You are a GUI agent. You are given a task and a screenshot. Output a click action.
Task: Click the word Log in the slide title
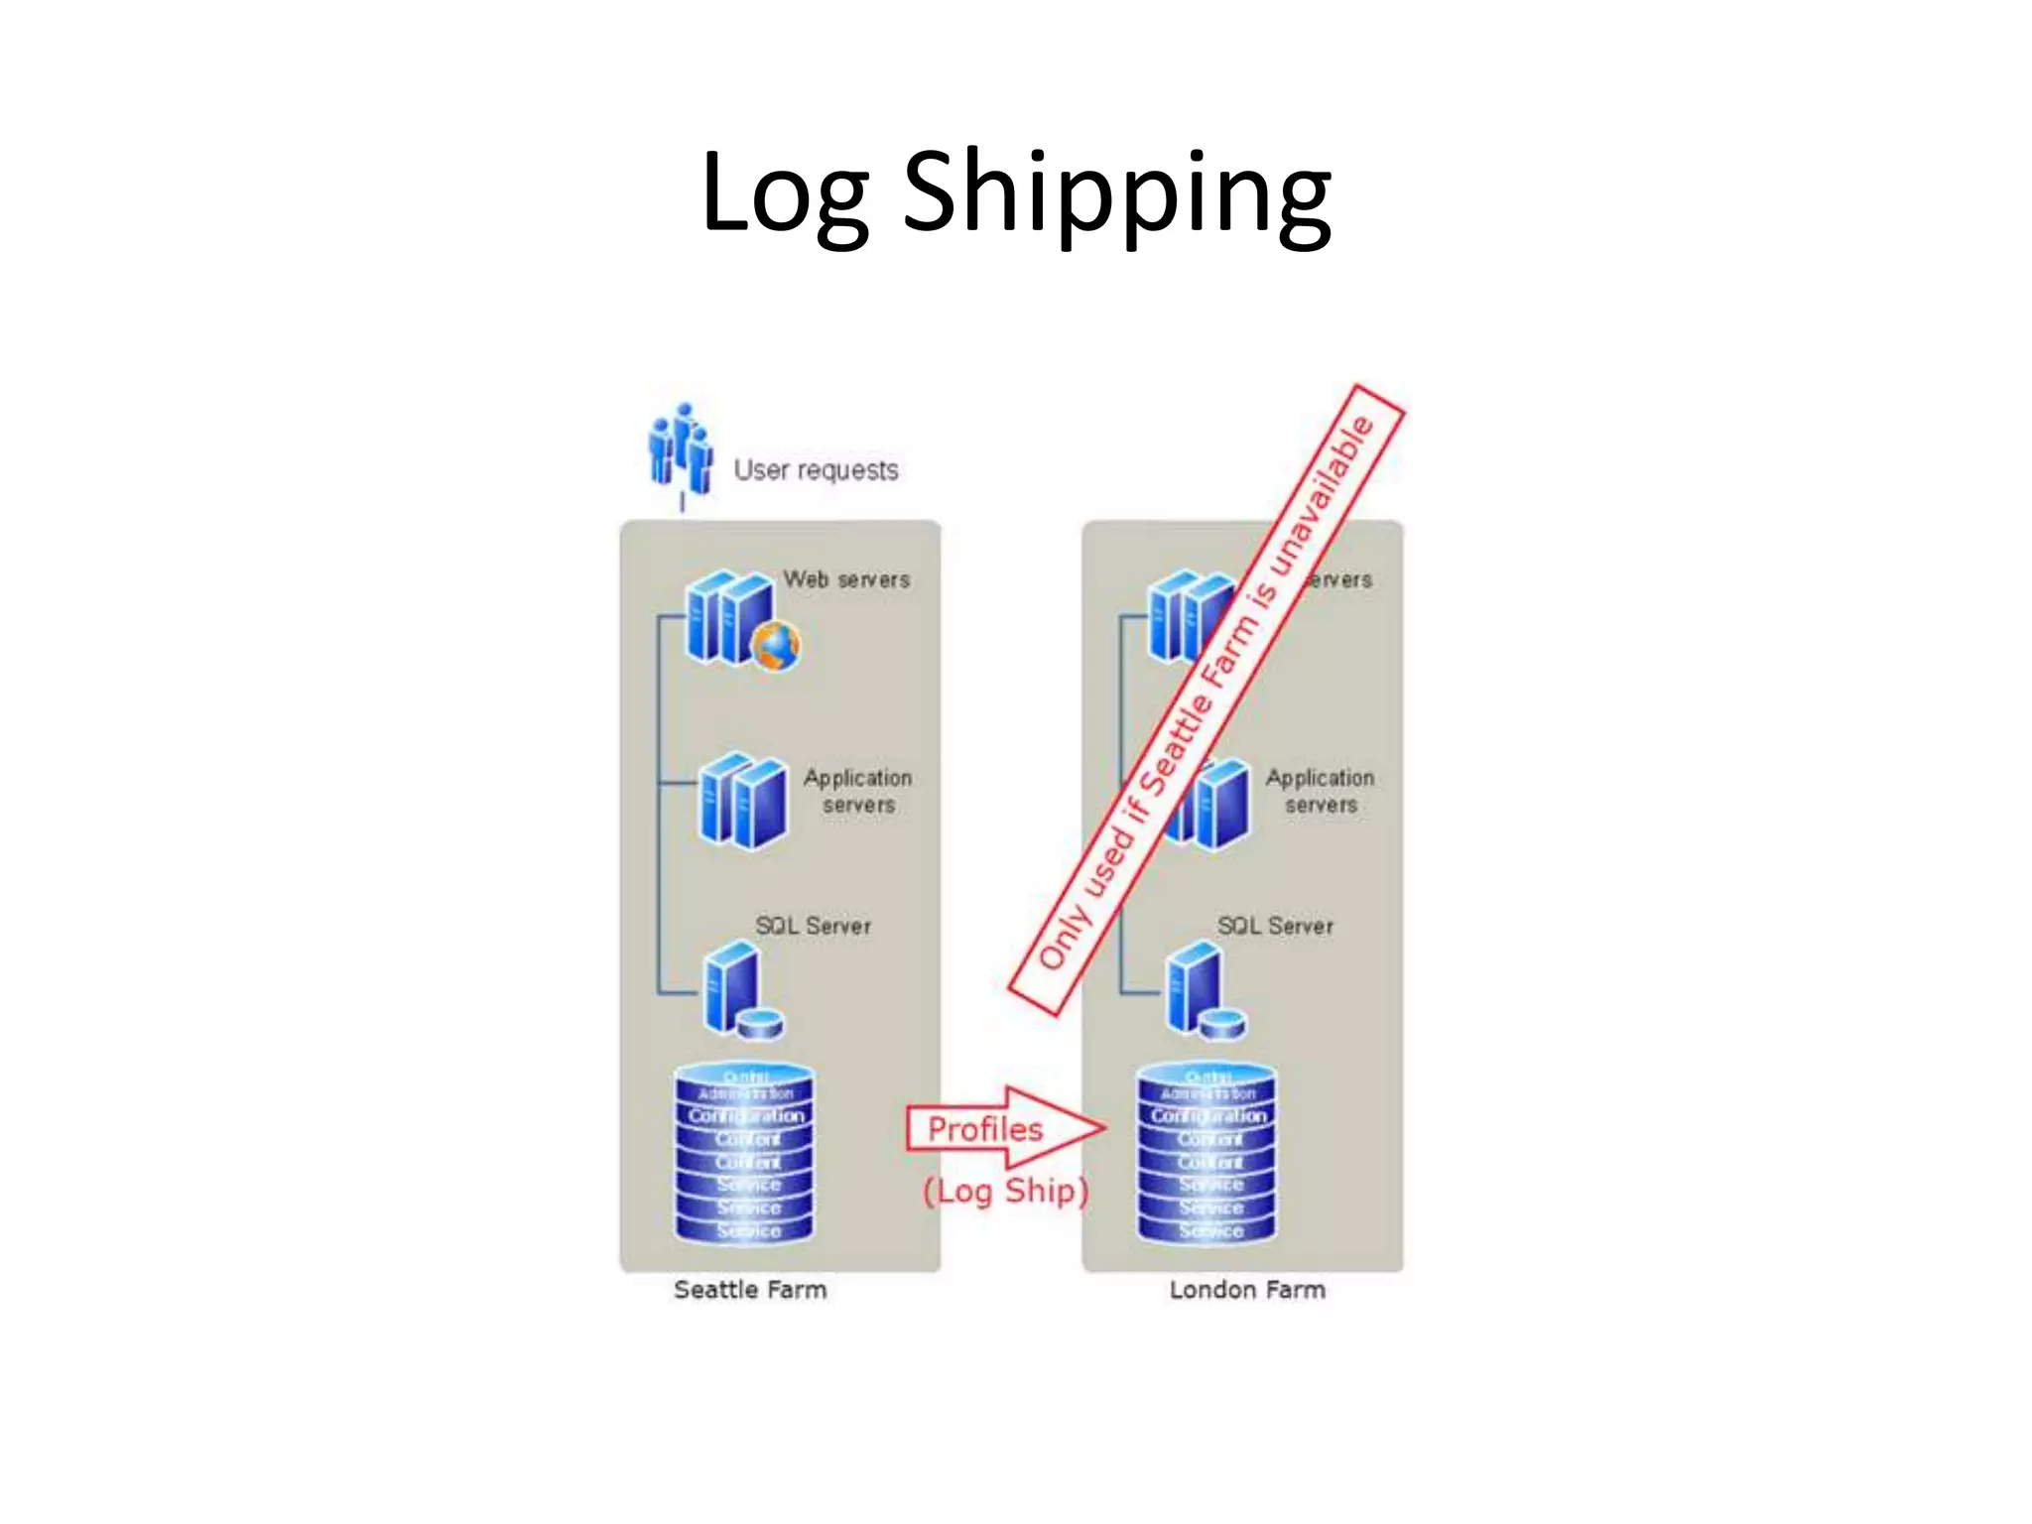[x=784, y=193]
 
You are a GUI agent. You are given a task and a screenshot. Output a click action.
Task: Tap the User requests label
[x=816, y=469]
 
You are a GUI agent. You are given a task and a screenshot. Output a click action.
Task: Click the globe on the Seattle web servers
[x=776, y=646]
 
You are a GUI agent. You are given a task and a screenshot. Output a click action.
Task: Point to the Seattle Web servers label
[x=846, y=578]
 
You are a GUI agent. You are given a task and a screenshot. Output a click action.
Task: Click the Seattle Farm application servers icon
[x=742, y=800]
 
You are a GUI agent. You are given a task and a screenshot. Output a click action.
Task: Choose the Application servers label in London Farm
[x=1320, y=791]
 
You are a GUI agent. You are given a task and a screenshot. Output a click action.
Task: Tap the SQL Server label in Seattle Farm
[x=813, y=926]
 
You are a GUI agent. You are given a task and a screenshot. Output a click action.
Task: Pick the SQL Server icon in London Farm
[x=1204, y=991]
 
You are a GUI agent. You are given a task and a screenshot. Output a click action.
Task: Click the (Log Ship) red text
[x=1005, y=1190]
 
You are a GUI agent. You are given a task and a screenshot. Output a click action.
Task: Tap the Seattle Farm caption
[x=750, y=1289]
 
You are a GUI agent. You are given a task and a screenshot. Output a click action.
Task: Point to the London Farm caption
[x=1247, y=1289]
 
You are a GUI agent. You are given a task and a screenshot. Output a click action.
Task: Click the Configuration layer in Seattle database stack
[x=746, y=1115]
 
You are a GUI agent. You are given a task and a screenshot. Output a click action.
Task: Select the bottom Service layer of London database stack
[x=1209, y=1230]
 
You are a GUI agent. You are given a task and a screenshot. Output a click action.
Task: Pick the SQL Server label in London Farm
[x=1275, y=926]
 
